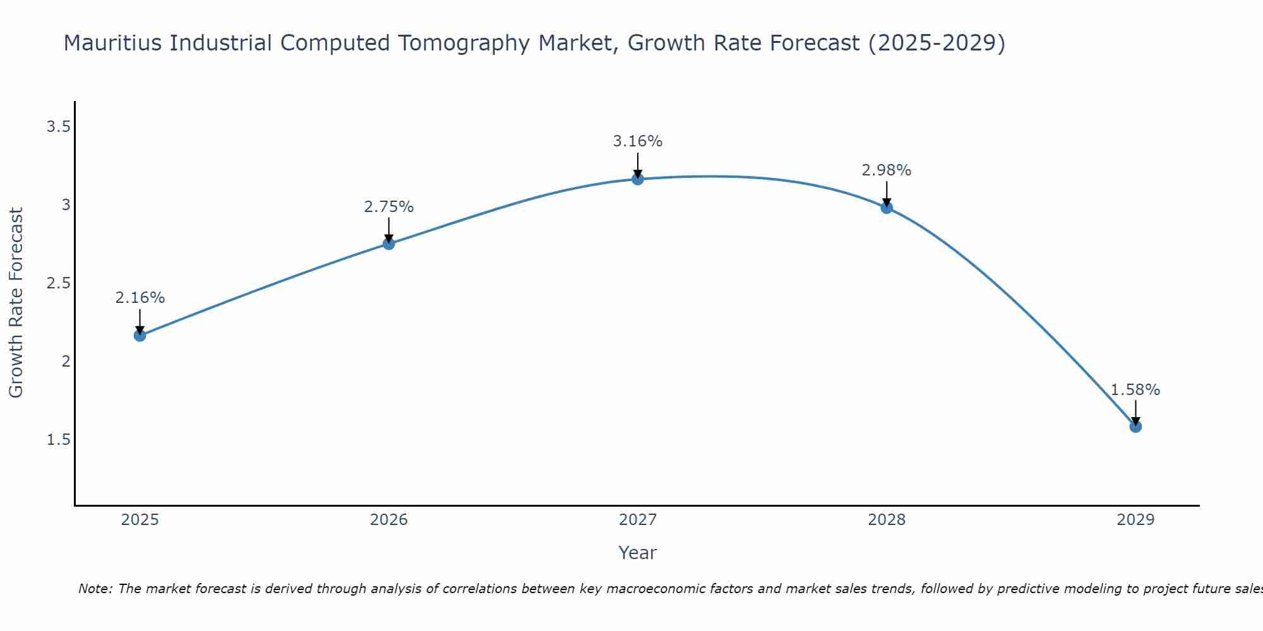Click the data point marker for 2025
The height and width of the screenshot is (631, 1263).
(140, 336)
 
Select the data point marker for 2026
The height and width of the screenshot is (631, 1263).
(389, 244)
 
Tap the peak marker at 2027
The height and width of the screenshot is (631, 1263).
(638, 179)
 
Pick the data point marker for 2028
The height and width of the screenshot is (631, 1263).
(887, 208)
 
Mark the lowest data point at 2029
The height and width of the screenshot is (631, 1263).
(1135, 427)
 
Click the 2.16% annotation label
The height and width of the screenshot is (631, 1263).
(140, 298)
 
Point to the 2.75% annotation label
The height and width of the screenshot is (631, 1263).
(389, 207)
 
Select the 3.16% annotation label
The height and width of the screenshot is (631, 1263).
(638, 141)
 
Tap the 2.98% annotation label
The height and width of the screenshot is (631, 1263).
(887, 170)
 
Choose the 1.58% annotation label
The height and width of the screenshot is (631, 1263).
(1135, 390)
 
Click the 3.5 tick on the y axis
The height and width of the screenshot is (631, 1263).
(58, 127)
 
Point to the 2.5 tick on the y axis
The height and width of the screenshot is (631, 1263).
(58, 283)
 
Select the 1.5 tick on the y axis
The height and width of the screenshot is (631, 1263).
(58, 440)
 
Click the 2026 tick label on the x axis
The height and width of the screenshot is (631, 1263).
(389, 520)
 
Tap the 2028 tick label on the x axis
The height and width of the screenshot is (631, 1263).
(887, 520)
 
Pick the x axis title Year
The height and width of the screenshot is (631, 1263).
(638, 553)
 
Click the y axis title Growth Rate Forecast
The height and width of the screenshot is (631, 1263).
(16, 303)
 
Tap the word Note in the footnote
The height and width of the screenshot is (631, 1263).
(95, 589)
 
